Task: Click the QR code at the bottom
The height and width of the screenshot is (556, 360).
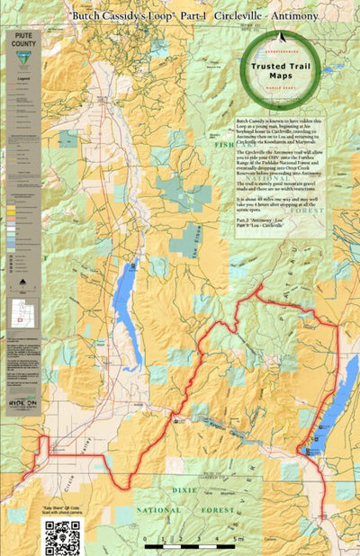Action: point(62,536)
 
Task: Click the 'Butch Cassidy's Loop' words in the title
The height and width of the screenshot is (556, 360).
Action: point(111,18)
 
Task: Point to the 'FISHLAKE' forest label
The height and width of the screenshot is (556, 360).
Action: point(224,144)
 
